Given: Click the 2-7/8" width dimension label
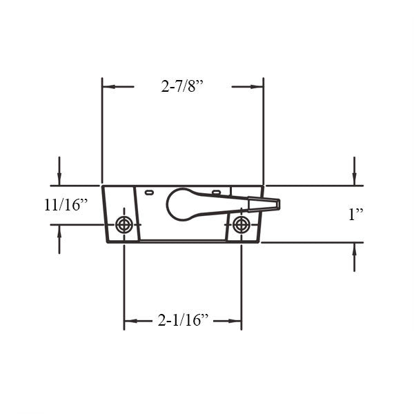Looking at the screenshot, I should [x=183, y=87].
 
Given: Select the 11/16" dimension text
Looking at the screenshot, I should [x=66, y=205].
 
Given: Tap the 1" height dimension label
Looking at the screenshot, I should [x=355, y=215].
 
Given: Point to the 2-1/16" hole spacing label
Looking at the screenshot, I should [x=183, y=321].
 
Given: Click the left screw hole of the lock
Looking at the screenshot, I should [x=124, y=224].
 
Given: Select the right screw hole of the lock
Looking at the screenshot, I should [x=241, y=224].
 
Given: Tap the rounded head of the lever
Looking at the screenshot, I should [x=181, y=204].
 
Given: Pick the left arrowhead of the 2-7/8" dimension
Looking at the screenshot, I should [x=107, y=87].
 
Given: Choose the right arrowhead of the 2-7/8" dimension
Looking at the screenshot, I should [x=258, y=87].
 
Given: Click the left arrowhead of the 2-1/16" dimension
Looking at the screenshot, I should [x=129, y=321].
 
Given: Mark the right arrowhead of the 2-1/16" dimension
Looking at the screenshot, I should [x=237, y=321].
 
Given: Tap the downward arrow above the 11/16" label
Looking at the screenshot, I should [x=59, y=179].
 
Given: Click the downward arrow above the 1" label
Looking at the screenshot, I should [x=354, y=179].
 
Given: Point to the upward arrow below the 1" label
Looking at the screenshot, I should [x=354, y=249].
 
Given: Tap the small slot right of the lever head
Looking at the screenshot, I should [x=216, y=191].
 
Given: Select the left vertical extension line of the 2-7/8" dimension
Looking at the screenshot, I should [x=102, y=131].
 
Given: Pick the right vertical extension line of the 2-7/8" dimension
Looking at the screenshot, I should [x=263, y=131].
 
